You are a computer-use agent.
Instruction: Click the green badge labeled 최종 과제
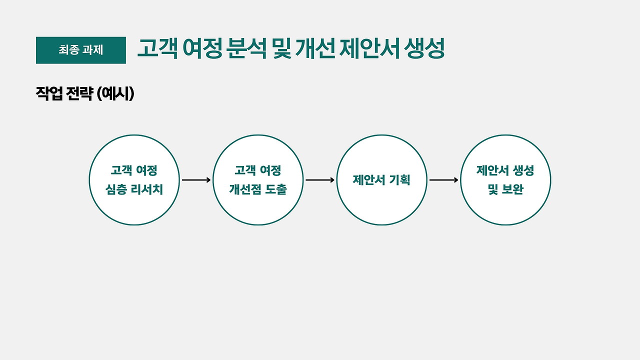pyautogui.click(x=80, y=50)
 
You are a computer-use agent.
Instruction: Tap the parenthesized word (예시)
pyautogui.click(x=115, y=93)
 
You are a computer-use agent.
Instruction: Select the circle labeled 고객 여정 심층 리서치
pyautogui.click(x=134, y=180)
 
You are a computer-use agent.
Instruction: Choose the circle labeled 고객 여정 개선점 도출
pyautogui.click(x=258, y=180)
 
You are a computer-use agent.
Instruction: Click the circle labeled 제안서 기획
pyautogui.click(x=381, y=180)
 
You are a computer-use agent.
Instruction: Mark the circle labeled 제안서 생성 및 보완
pyautogui.click(x=505, y=180)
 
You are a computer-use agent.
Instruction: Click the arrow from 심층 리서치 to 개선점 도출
pyautogui.click(x=196, y=180)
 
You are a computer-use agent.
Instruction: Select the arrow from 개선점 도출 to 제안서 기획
pyautogui.click(x=320, y=180)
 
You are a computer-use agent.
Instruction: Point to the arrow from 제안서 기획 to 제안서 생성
pyautogui.click(x=443, y=180)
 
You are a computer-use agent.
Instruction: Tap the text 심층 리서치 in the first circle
pyautogui.click(x=134, y=190)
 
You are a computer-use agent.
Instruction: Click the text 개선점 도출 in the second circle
pyautogui.click(x=258, y=190)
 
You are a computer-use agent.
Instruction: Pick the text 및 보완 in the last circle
pyautogui.click(x=505, y=190)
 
